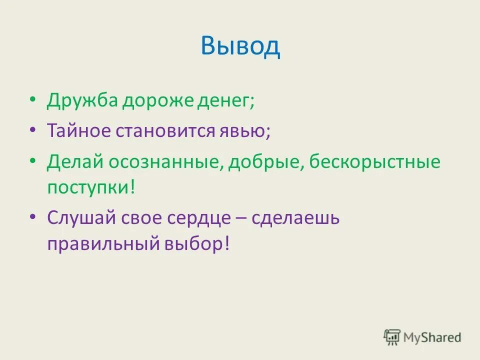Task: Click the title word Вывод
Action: pos(240,46)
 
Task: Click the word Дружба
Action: pos(82,101)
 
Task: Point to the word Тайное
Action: pos(80,131)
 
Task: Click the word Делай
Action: pos(75,162)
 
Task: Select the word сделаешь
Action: pos(295,219)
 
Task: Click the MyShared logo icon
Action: pos(392,337)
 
